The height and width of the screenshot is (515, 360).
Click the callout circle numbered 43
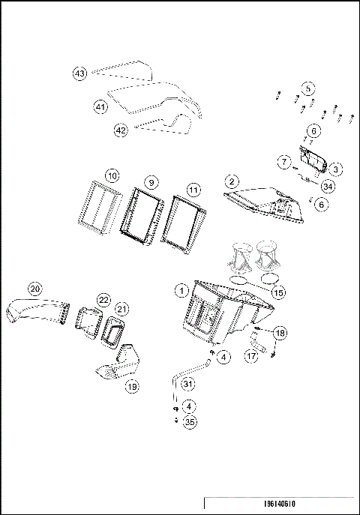(79, 73)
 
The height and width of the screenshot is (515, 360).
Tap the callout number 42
(121, 129)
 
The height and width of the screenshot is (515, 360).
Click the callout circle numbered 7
(284, 162)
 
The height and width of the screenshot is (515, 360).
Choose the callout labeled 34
(328, 185)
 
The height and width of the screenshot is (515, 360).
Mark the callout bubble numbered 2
(232, 181)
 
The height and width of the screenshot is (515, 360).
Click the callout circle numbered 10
(112, 175)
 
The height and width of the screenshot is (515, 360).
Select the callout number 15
(278, 292)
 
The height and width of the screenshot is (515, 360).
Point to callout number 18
(280, 332)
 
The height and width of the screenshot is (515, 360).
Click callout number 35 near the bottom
(190, 423)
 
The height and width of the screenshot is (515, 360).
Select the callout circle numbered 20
(34, 289)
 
